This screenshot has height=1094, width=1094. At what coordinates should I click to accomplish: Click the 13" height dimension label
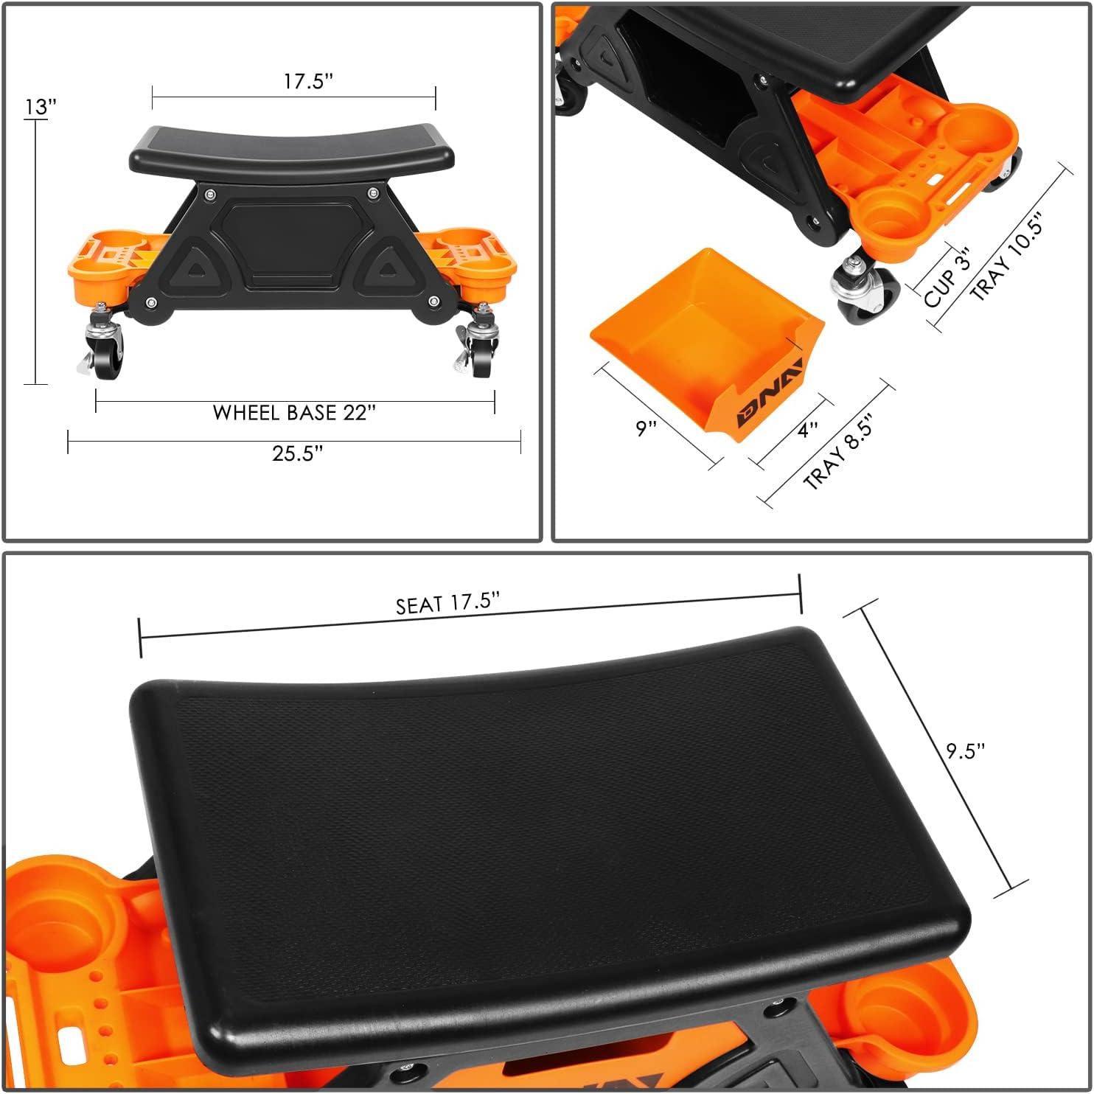click(x=41, y=107)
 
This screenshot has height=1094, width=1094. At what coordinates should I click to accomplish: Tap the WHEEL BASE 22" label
click(x=294, y=412)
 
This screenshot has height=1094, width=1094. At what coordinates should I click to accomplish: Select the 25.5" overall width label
click(x=297, y=453)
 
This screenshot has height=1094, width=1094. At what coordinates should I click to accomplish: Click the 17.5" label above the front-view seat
click(x=308, y=80)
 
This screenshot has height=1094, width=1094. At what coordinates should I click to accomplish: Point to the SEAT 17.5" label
click(x=447, y=603)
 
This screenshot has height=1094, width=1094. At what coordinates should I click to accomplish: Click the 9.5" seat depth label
click(x=966, y=750)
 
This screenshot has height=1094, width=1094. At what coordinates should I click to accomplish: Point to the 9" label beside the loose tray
click(x=647, y=428)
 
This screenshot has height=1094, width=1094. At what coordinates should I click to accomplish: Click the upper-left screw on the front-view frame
click(x=211, y=195)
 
